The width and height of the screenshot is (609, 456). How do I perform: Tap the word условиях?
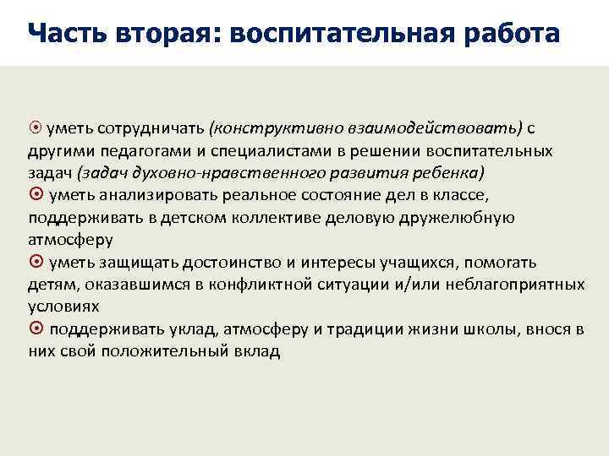click(63, 307)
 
